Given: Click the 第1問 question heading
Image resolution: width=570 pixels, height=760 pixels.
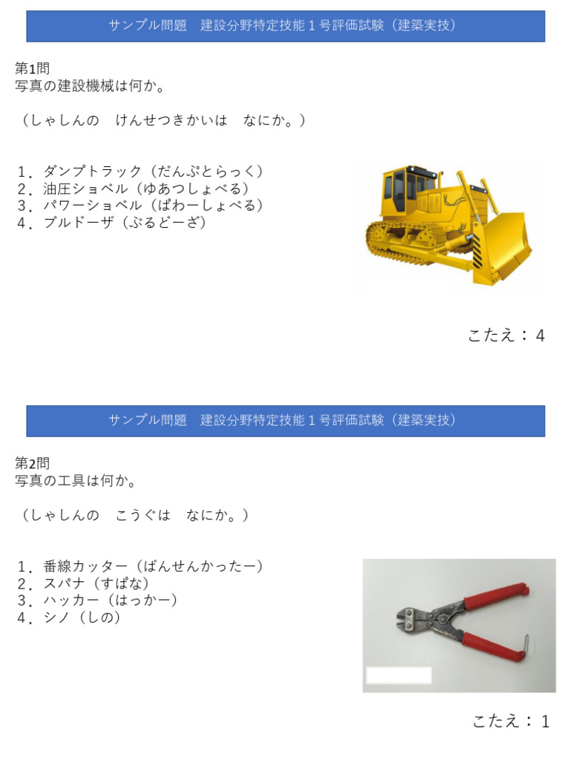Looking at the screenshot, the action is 32,68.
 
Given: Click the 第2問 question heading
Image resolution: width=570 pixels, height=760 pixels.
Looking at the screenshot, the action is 32,463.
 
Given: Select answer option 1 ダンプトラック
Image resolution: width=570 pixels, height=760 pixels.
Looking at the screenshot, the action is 140,171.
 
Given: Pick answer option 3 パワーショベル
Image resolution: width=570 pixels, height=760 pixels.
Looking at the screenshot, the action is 140,206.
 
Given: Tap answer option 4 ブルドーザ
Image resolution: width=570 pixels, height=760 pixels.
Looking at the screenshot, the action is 112,223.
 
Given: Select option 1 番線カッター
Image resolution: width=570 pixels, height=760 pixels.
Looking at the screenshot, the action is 140,566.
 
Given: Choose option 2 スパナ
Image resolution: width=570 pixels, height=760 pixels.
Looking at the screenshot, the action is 83,583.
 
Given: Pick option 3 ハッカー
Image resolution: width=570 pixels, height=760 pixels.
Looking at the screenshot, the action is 97,600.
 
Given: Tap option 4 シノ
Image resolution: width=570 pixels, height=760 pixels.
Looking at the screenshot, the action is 69,617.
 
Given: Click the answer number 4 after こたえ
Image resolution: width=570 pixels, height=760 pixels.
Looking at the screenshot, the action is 540,335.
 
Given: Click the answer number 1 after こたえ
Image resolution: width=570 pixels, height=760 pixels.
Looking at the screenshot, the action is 546,721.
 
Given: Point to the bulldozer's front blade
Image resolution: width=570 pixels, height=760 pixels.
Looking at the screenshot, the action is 502,247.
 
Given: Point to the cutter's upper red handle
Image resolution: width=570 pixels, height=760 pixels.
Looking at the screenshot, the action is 495,595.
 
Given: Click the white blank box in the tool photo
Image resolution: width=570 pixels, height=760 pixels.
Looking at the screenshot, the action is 399,675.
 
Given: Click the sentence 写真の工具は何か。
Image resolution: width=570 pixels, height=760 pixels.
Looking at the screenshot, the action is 76,480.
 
